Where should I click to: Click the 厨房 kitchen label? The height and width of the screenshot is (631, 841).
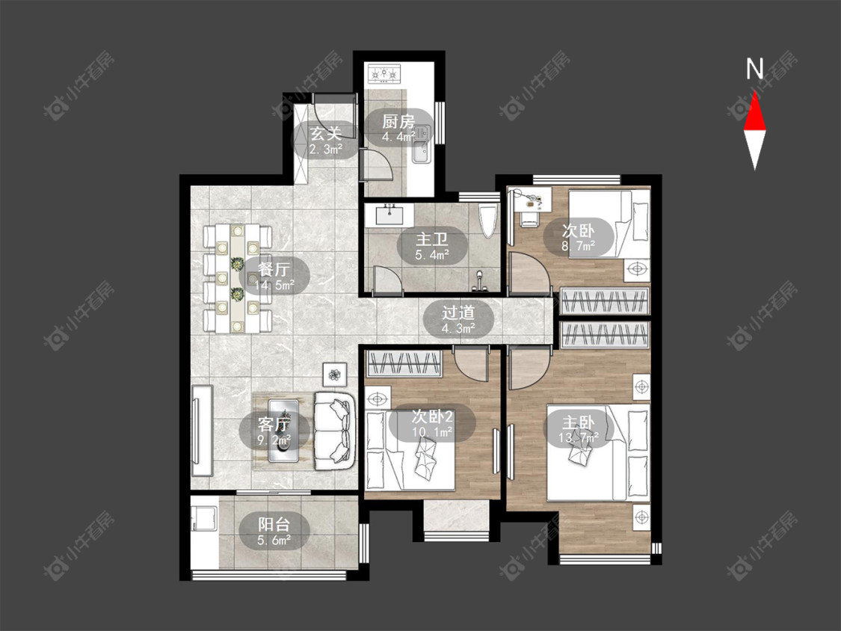398,122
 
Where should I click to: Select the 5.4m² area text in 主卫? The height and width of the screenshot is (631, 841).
432,256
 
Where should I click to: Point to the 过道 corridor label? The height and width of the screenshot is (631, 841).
458,313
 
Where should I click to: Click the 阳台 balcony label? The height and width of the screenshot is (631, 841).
274,523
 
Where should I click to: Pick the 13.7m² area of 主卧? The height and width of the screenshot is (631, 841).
578,438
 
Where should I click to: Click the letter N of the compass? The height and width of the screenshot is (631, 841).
754,69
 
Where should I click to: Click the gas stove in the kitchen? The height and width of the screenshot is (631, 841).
383,73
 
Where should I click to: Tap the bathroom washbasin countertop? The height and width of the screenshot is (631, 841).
389,215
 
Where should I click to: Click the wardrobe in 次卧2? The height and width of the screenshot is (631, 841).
403,364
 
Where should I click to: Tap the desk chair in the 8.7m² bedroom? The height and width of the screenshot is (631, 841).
529,218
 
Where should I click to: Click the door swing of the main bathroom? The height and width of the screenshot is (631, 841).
386,280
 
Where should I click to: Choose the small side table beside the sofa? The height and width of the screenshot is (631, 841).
335,374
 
